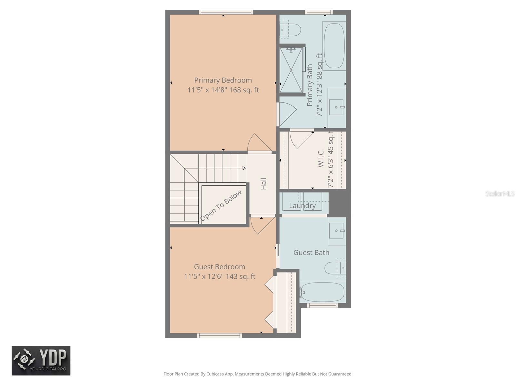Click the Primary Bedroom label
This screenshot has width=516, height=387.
pos(223,80)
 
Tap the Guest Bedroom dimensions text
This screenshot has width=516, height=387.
pos(220,276)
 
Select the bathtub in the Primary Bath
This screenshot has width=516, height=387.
pos(334,45)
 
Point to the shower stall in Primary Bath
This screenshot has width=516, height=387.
pos(291,70)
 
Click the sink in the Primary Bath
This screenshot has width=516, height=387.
pos(336,107)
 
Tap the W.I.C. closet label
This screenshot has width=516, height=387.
pos(321,158)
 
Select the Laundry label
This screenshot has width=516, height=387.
pos(302,205)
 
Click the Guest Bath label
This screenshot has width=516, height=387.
pos(311,253)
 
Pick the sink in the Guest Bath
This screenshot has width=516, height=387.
pos(336,231)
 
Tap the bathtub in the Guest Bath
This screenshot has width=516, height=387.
pos(322,292)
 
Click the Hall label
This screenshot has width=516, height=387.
pos(263,184)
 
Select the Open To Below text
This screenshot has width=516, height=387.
pos(221,205)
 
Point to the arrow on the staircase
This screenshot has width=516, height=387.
pos(244,168)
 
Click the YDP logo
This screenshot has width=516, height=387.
pos(41,361)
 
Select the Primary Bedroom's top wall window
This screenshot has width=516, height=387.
pos(226,12)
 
